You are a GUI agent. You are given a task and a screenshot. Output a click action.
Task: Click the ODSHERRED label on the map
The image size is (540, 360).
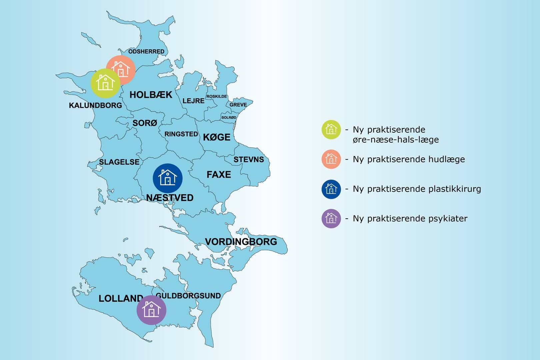click(x=146, y=51)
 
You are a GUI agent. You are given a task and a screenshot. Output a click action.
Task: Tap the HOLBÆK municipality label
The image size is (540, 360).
click(x=151, y=95)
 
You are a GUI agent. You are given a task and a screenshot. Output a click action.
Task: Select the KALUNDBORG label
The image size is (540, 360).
click(x=95, y=105)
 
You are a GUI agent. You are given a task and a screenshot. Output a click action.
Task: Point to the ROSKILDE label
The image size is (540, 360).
click(x=217, y=96)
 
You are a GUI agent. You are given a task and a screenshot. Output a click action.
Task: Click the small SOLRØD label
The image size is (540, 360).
click(x=229, y=117)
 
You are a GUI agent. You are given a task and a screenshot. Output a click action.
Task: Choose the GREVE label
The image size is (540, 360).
click(x=238, y=105)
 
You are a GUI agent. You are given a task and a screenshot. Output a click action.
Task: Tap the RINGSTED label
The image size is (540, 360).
click(x=181, y=134)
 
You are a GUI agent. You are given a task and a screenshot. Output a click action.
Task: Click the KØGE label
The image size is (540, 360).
click(x=217, y=137)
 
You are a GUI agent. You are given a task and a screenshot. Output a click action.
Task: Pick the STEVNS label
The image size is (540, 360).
click(x=249, y=160)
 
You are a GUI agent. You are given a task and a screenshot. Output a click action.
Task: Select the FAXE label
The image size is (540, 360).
click(x=219, y=175)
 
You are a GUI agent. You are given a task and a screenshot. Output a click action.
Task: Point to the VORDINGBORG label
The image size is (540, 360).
click(x=241, y=242)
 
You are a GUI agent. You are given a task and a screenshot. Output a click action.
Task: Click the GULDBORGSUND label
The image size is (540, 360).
click(x=188, y=296)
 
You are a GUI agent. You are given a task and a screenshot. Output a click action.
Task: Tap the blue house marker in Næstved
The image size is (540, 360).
click(x=168, y=178)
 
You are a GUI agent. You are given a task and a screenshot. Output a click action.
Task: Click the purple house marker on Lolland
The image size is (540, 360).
click(x=151, y=310)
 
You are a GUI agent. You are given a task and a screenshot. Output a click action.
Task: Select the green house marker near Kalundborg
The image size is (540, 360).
click(x=105, y=83)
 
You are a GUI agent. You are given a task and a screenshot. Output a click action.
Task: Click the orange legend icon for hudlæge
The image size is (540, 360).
click(x=331, y=159)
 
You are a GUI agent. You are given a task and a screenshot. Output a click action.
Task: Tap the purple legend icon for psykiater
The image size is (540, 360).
click(x=331, y=218)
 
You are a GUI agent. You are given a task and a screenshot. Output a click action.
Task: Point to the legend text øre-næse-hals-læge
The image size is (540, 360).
click(x=396, y=140)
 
